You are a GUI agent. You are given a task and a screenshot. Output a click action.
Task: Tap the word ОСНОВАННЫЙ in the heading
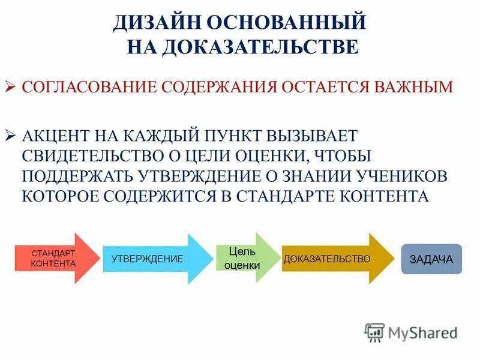[x=286, y=22]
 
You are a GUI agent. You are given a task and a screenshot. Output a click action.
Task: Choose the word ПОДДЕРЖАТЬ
[x=78, y=176]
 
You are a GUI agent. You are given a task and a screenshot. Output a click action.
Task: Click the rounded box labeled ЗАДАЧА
[x=431, y=259]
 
